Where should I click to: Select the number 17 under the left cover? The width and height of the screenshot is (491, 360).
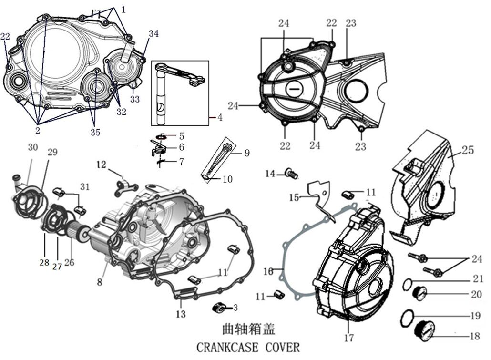(348, 338)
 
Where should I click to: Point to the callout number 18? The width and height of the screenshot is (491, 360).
(474, 336)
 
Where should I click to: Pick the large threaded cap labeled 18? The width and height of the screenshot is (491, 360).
(425, 329)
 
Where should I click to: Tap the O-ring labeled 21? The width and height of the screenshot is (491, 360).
(408, 284)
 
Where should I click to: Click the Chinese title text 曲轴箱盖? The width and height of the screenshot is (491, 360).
(248, 329)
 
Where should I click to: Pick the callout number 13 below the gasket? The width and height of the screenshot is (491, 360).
(181, 314)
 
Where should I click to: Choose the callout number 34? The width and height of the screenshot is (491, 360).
(153, 33)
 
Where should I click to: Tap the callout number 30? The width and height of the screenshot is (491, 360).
(32, 148)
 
